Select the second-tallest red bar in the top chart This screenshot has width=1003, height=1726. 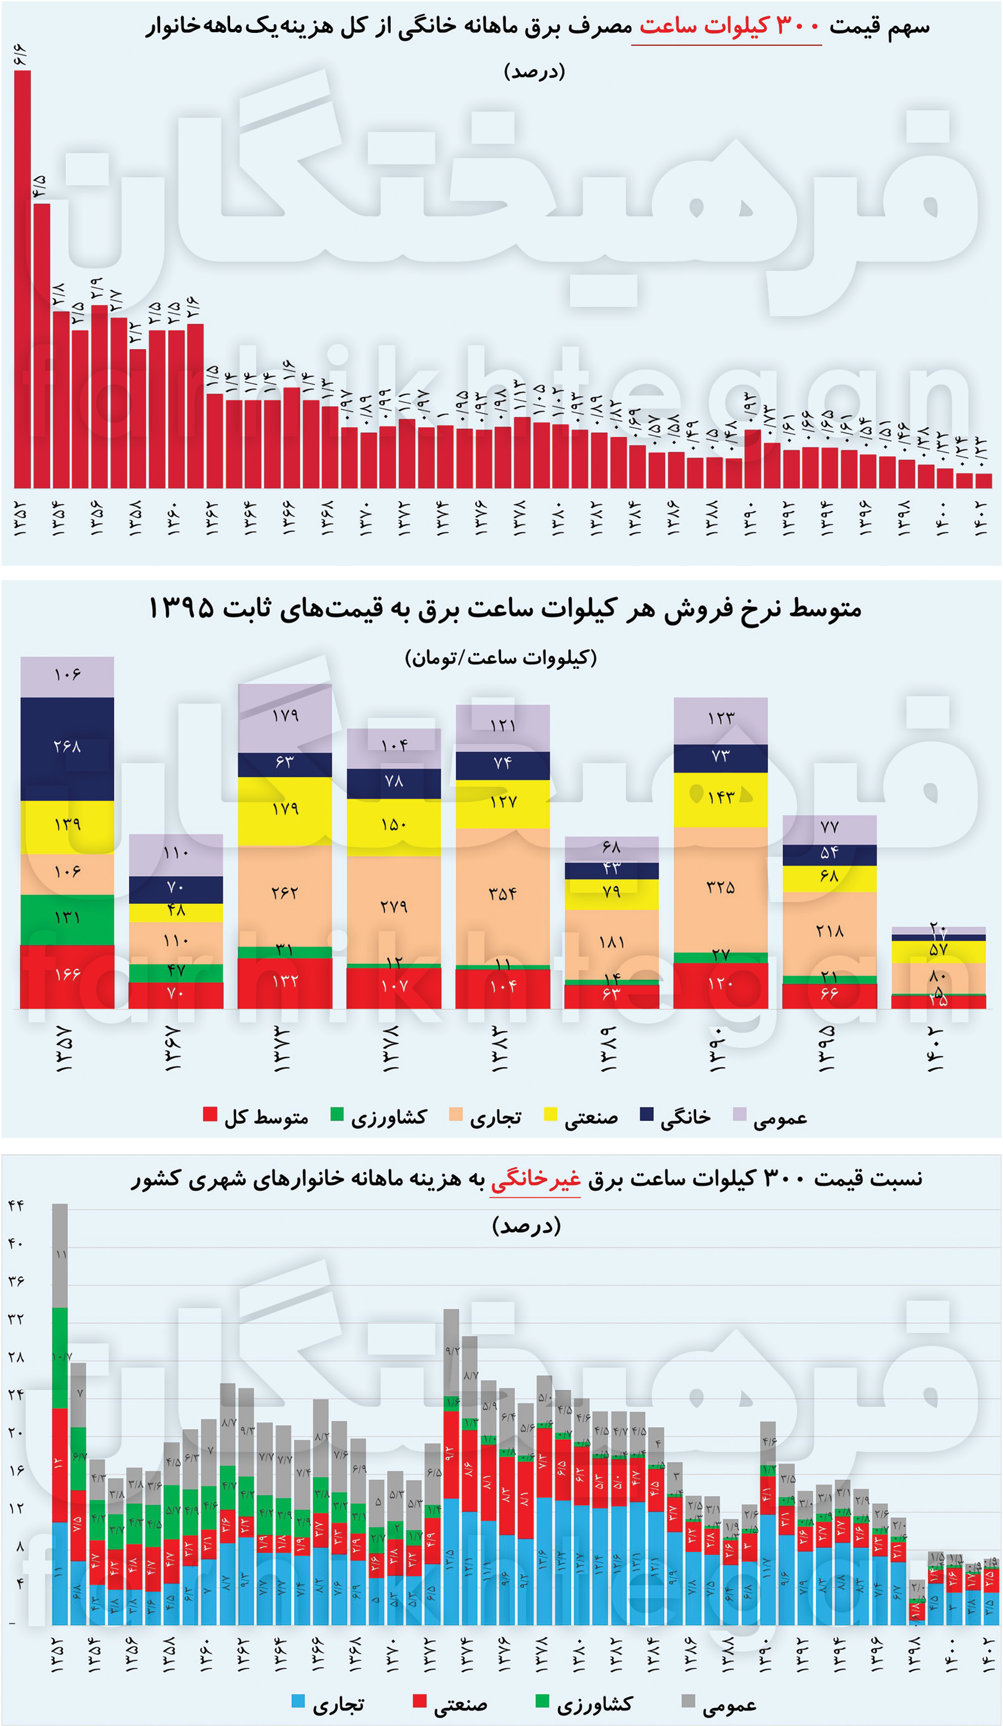click(41, 345)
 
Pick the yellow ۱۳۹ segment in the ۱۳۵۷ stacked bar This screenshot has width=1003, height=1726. click(67, 826)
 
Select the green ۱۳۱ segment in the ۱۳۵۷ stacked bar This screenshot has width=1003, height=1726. click(67, 919)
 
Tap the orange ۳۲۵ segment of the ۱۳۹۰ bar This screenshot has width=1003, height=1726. click(720, 889)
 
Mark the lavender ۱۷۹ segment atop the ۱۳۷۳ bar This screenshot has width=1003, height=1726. click(284, 717)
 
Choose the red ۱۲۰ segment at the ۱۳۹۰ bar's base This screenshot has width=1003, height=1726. click(720, 985)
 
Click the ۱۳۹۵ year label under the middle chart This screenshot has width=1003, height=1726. click(828, 1048)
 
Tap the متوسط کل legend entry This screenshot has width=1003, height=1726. click(256, 1118)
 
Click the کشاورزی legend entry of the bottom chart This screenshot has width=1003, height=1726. click(584, 1704)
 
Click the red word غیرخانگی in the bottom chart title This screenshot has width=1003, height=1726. click(535, 1178)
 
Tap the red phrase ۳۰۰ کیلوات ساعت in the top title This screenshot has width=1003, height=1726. click(728, 27)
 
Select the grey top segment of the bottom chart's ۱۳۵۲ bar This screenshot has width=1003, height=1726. click(60, 1255)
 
